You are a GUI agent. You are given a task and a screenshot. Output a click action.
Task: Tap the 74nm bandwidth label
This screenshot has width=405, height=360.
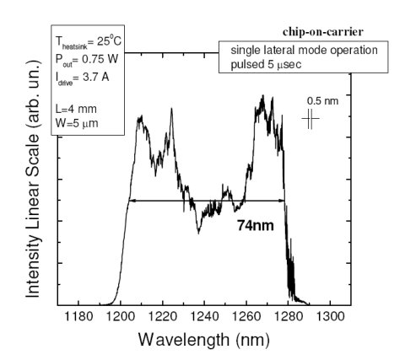pyautogui.click(x=254, y=225)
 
